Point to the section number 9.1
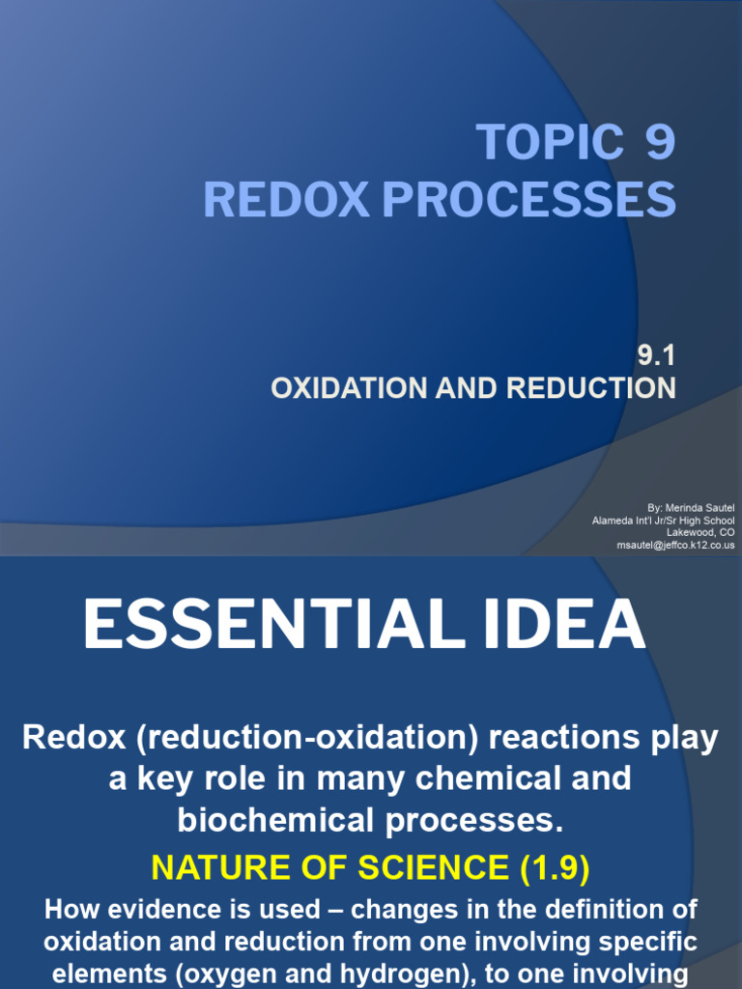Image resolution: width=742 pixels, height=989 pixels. [x=655, y=356]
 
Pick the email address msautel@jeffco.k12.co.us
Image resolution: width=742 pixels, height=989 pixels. [x=676, y=546]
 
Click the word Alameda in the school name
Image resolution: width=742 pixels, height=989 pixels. [x=612, y=521]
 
